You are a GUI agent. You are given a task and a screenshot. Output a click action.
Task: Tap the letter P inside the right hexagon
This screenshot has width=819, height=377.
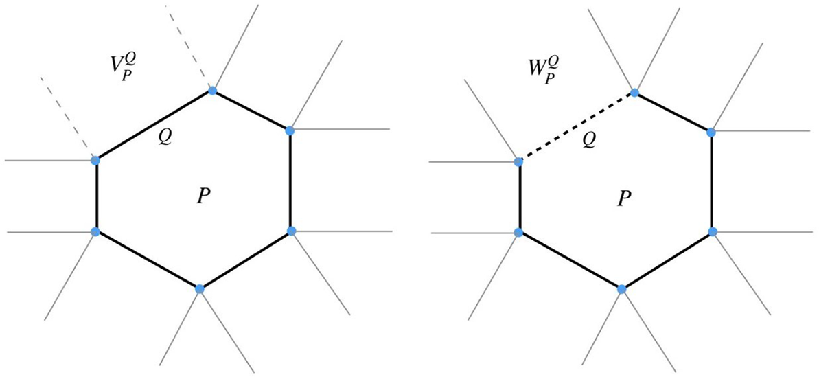click(624, 198)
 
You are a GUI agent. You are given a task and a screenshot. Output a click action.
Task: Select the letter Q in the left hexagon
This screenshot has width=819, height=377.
click(165, 137)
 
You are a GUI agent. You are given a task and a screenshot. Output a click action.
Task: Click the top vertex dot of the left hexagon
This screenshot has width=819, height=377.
click(212, 91)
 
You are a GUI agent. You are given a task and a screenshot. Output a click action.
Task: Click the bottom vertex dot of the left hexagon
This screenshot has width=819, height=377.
click(199, 289)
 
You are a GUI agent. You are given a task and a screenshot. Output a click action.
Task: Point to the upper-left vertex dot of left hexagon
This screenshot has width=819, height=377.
click(95, 160)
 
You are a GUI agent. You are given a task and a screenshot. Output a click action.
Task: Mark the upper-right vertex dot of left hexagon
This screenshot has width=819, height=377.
click(290, 130)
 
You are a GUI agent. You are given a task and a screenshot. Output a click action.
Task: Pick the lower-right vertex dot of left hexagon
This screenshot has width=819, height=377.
click(290, 231)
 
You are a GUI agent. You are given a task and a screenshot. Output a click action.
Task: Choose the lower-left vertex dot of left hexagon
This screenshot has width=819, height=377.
click(95, 231)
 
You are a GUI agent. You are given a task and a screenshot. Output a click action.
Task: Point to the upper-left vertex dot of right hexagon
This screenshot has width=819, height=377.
click(518, 162)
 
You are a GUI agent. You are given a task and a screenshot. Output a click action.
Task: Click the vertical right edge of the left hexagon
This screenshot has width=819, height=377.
click(290, 181)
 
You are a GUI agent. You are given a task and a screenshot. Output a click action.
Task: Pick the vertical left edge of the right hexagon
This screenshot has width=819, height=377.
click(518, 197)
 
